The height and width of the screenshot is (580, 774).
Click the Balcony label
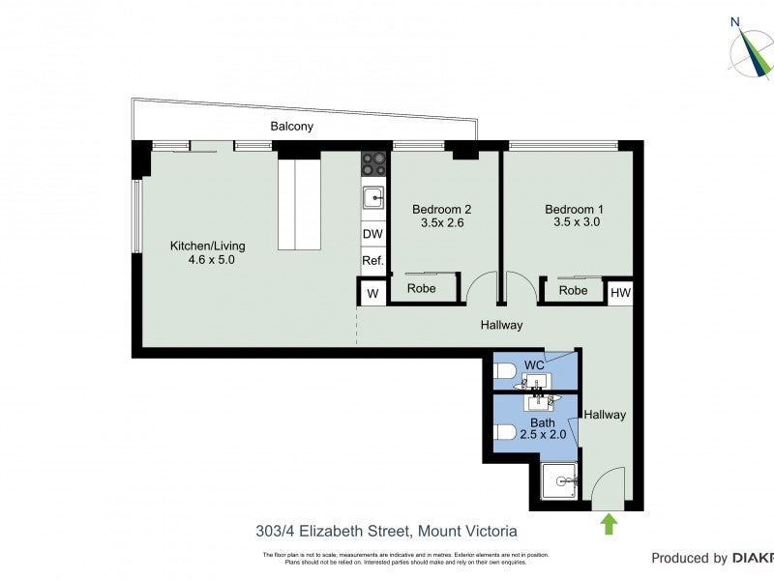[291, 127]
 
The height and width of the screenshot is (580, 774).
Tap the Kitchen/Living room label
[203, 252]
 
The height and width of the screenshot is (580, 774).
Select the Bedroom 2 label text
[441, 216]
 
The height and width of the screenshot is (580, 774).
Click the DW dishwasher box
[372, 234]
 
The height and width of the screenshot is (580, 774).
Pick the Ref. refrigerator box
[372, 261]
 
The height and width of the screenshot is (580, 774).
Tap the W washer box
[371, 291]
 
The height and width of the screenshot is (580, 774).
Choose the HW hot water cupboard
[620, 291]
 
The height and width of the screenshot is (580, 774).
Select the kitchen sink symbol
[373, 198]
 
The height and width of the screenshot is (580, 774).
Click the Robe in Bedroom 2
[421, 289]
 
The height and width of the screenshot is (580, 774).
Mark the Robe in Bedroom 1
[573, 290]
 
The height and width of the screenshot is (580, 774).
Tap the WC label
[533, 365]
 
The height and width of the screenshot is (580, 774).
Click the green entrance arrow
[609, 524]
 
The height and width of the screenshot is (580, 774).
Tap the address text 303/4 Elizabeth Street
[386, 531]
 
